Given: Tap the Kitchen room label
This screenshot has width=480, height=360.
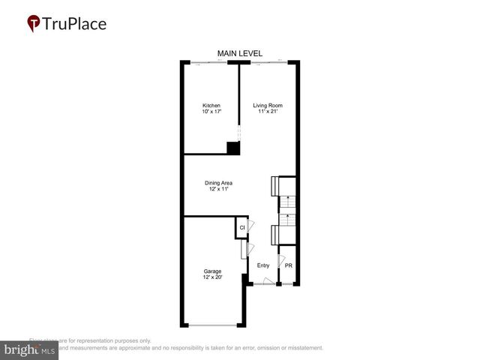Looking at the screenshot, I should [x=211, y=106].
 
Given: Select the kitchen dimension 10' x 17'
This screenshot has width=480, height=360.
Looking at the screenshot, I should [x=211, y=112].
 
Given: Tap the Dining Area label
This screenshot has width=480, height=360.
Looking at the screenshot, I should [x=218, y=183].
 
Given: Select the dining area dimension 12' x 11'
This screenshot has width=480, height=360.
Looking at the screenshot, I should [x=218, y=189].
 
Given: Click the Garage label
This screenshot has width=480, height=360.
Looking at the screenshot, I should [x=212, y=271].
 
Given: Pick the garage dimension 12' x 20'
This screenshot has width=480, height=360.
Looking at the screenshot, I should [x=212, y=277].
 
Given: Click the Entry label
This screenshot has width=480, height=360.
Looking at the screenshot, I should [x=263, y=265].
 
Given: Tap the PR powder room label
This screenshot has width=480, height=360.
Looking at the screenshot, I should [x=288, y=265].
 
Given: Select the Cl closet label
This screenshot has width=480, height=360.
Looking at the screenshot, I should [x=241, y=228].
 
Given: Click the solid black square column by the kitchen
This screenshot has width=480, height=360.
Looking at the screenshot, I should [x=233, y=148].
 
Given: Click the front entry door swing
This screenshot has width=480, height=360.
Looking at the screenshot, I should [x=257, y=280].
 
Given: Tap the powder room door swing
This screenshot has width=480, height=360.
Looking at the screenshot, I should [x=280, y=262].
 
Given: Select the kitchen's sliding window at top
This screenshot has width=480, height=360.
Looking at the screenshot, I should [x=210, y=61].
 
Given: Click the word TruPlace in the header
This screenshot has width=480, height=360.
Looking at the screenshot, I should [x=75, y=23].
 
